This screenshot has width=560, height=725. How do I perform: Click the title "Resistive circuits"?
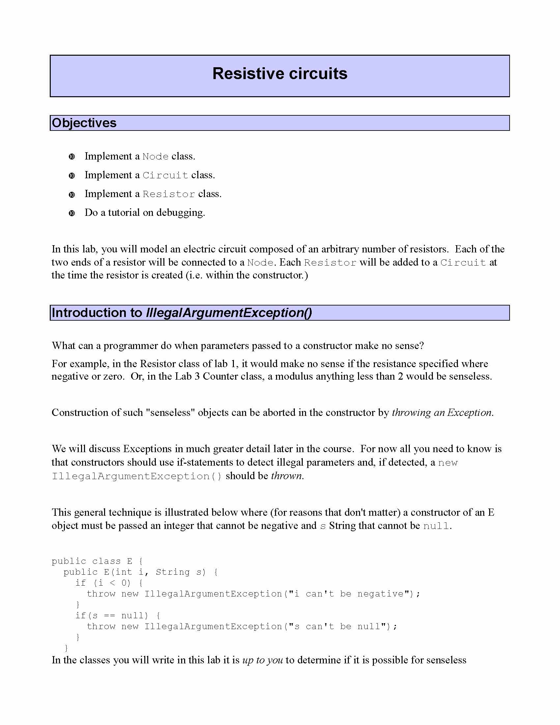pos(280,73)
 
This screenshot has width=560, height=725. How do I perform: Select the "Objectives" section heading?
pos(84,123)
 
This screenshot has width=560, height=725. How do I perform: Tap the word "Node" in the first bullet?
pos(155,156)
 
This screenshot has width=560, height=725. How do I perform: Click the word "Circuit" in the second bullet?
pos(165,175)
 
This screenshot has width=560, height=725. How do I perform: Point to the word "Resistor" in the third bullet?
pos(169,194)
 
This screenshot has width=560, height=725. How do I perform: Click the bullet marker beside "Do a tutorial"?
pos(72,213)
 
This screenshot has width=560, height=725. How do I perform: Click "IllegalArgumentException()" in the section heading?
pos(229,313)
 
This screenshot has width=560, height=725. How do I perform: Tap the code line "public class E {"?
pos(97,561)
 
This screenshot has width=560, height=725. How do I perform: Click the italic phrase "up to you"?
pos(263,660)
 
